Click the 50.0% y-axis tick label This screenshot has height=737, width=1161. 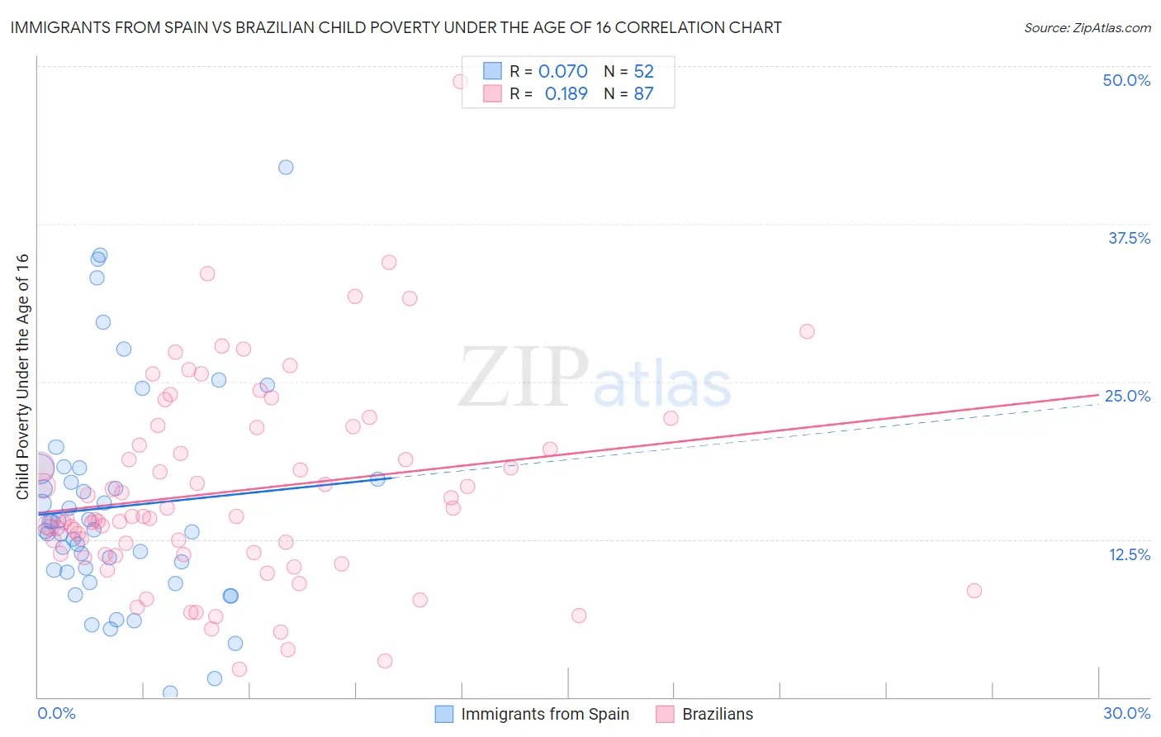click(x=1126, y=80)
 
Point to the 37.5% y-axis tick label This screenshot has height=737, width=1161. click(x=1129, y=238)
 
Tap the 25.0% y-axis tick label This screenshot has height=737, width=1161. click(x=1127, y=396)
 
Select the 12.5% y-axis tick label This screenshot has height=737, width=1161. click(x=1129, y=554)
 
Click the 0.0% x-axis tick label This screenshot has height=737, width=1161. click(x=56, y=713)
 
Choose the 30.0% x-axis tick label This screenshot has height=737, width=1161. click(x=1126, y=713)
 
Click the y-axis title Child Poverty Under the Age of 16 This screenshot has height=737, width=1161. click(x=22, y=377)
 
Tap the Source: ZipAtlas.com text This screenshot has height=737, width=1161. click(x=1087, y=28)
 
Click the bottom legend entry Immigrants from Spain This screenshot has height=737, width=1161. click(x=545, y=714)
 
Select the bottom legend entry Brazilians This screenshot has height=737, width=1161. click(x=717, y=714)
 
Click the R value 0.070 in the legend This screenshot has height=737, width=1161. click(x=562, y=72)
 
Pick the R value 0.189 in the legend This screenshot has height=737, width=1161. click(x=566, y=94)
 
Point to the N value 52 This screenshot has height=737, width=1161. click(x=643, y=72)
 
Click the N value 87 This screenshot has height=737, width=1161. click(x=643, y=94)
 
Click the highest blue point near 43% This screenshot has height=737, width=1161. click(x=286, y=167)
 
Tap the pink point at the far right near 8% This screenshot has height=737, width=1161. click(x=974, y=590)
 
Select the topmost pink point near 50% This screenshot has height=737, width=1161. click(x=460, y=81)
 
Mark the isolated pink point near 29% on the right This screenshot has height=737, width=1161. click(x=807, y=331)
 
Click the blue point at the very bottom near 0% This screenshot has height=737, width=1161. click(x=170, y=692)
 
